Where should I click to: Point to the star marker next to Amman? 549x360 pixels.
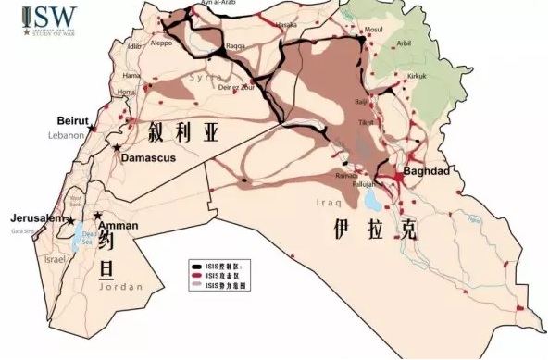[98, 216]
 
